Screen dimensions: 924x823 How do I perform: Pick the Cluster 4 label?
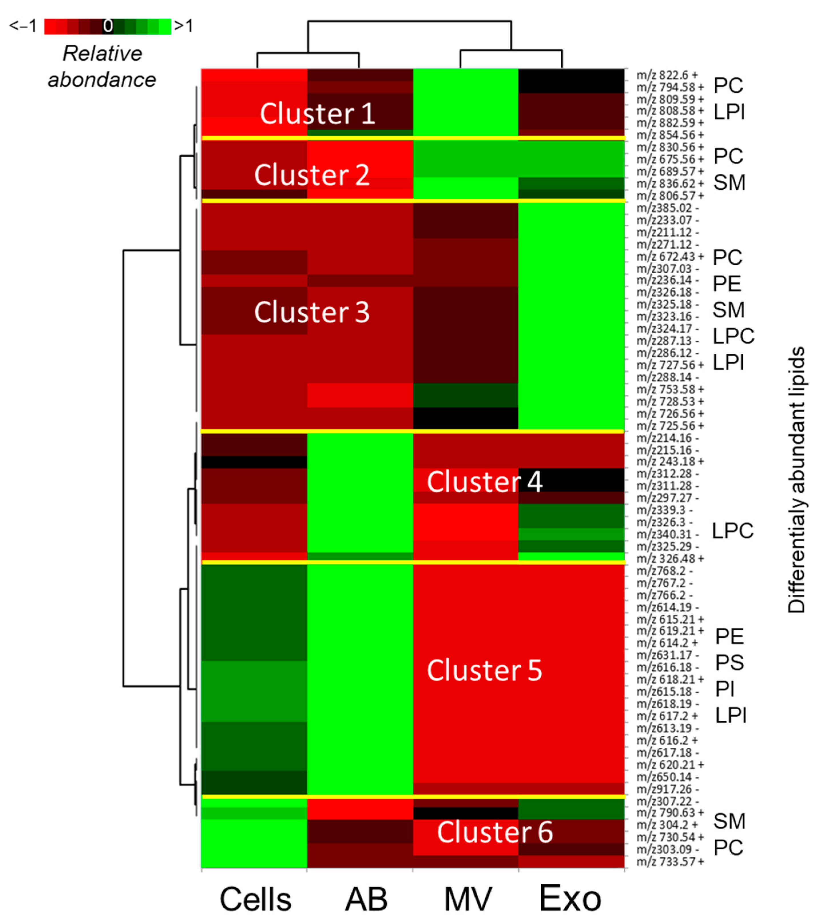coord(484,482)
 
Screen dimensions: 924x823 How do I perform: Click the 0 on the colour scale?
coord(108,26)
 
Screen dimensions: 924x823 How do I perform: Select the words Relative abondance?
coord(102,67)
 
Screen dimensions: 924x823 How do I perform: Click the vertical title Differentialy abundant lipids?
coord(797,479)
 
